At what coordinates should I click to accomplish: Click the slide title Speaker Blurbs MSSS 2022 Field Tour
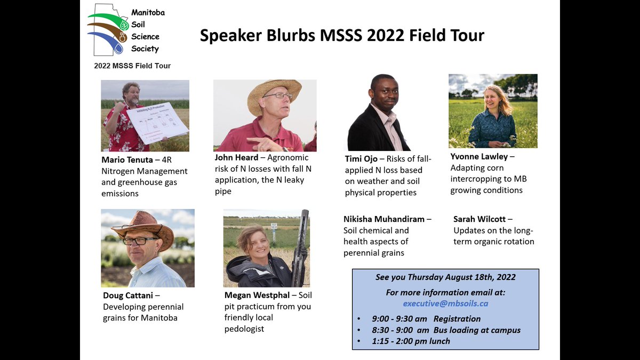(x=342, y=36)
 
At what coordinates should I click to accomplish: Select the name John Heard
(x=237, y=157)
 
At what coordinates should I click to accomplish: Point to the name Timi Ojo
(x=361, y=159)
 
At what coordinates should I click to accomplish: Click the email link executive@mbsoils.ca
(x=445, y=303)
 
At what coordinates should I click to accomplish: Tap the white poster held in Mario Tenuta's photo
(x=157, y=122)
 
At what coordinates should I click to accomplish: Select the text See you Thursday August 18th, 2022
(x=445, y=277)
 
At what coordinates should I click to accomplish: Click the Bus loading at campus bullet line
(x=446, y=330)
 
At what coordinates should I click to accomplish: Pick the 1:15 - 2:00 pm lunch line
(x=411, y=341)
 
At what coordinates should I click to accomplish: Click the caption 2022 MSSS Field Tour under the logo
(x=132, y=66)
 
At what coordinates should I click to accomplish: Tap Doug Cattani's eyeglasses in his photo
(x=139, y=241)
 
